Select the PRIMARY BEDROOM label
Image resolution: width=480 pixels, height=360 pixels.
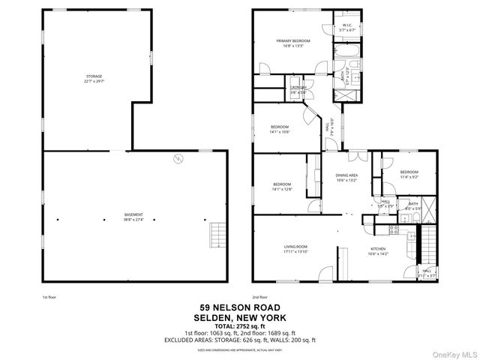click(x=292, y=43)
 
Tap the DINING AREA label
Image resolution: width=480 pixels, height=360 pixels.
click(x=346, y=178)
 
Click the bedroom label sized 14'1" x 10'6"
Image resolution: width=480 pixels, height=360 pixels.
click(x=280, y=129)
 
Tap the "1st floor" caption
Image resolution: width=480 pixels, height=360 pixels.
click(x=50, y=297)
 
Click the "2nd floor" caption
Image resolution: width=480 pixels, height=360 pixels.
click(x=260, y=297)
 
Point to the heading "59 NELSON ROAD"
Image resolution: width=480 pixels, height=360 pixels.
click(x=240, y=307)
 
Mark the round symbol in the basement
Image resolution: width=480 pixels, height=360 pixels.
click(x=178, y=157)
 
